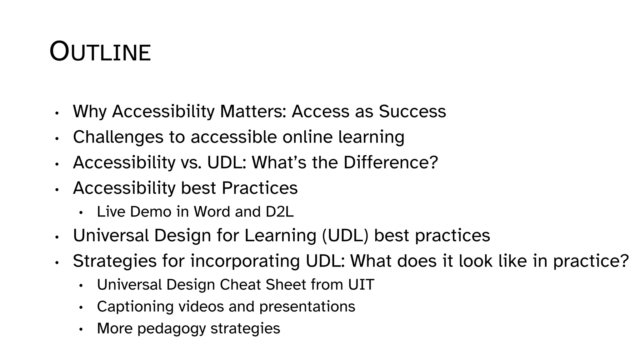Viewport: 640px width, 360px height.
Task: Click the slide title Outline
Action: (x=100, y=52)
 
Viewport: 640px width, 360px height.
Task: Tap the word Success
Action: (x=412, y=111)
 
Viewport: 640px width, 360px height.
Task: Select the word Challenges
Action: (x=118, y=137)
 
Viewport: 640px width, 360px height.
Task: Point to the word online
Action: (x=307, y=137)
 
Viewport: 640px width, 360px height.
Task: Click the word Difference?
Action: (x=391, y=162)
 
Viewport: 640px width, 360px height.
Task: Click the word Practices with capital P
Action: (x=259, y=188)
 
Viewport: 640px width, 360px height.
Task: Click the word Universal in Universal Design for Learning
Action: (x=111, y=235)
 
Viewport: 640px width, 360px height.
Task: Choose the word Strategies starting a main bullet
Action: (x=114, y=261)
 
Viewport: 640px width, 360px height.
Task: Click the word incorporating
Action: (x=245, y=261)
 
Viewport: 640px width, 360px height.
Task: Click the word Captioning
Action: (x=135, y=307)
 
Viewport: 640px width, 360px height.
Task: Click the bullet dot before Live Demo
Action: (x=81, y=213)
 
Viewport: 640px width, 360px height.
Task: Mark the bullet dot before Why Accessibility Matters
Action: (x=57, y=113)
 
